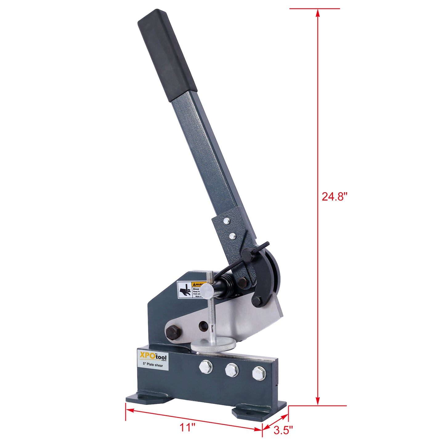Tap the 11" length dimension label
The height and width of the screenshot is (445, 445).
pyautogui.click(x=188, y=427)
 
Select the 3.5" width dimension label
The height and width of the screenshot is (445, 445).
pyautogui.click(x=283, y=430)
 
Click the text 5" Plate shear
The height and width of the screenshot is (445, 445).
pyautogui.click(x=153, y=365)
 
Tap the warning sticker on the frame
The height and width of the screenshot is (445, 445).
pyautogui.click(x=188, y=290)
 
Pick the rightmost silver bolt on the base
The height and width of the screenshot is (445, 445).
pyautogui.click(x=258, y=373)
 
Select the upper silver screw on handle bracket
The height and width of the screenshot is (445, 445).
pyautogui.click(x=227, y=220)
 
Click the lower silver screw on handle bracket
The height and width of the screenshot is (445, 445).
pyautogui.click(x=233, y=236)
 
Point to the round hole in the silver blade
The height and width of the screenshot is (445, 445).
pyautogui.click(x=203, y=326)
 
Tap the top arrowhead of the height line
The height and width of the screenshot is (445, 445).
pyautogui.click(x=318, y=12)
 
